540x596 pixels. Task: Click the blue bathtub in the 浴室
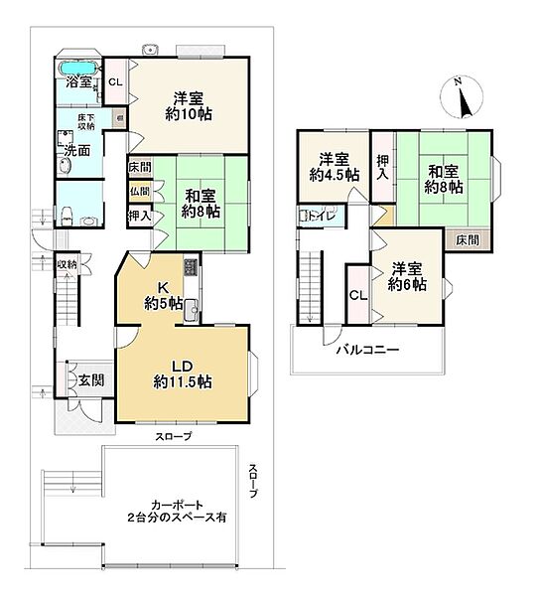point(78,69)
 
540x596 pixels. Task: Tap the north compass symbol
point(462,97)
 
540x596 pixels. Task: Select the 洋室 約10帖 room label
point(189,106)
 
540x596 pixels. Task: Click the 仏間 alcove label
point(140,191)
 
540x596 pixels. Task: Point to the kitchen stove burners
point(191,267)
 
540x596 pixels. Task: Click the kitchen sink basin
point(191,310)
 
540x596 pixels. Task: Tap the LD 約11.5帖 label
point(183,374)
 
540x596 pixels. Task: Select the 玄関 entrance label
point(91,380)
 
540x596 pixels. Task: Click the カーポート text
point(177,506)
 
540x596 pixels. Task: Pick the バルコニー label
point(368,349)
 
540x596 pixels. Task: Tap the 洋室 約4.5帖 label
point(335,168)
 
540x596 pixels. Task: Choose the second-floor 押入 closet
point(383,167)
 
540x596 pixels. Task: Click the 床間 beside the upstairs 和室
point(468,240)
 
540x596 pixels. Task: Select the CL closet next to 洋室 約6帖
point(358,295)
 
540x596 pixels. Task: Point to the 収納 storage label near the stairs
point(67,264)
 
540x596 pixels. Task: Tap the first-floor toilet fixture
point(67,216)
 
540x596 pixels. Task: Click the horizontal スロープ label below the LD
point(173,436)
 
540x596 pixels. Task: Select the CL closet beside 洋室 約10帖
point(116,81)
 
